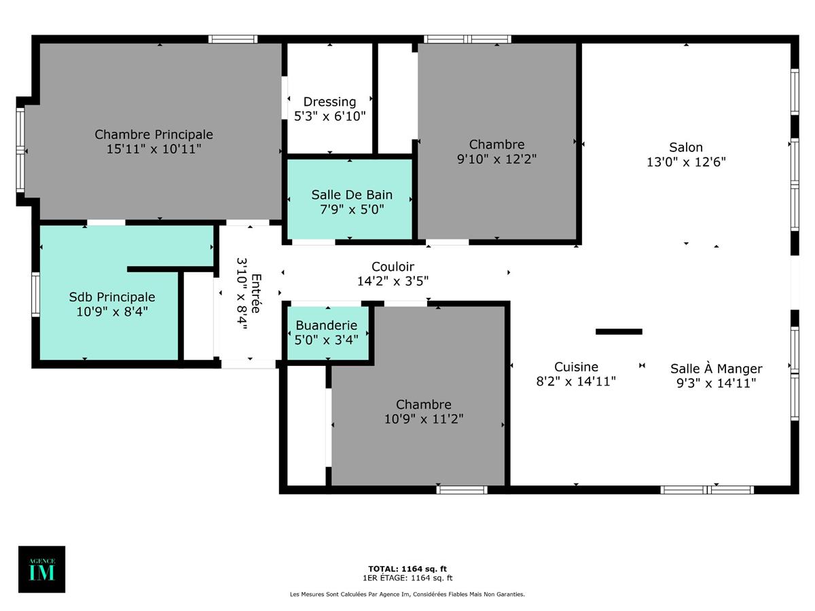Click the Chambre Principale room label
[153, 134]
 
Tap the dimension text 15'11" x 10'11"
[153, 149]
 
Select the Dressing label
[329, 102]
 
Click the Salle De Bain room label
[352, 195]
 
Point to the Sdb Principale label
[112, 297]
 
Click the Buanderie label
[326, 326]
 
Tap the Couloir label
[393, 267]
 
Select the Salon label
[686, 147]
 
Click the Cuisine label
[576, 367]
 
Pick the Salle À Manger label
[716, 369]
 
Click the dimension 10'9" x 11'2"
[424, 419]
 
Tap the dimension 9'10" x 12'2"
[497, 159]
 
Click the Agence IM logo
[41, 569]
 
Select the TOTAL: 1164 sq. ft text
[407, 569]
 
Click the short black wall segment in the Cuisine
[619, 331]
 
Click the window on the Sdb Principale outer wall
[35, 294]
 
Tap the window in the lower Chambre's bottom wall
[462, 489]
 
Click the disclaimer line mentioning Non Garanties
[407, 594]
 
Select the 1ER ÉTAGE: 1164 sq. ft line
[407, 578]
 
